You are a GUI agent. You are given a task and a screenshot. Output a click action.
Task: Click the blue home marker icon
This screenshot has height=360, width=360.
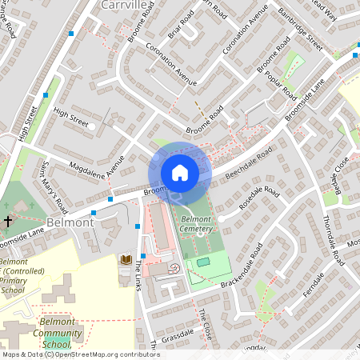(180, 172)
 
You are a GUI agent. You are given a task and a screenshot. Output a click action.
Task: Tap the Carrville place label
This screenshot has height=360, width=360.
(124, 5)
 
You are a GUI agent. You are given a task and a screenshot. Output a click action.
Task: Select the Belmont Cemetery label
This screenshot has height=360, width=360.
(196, 223)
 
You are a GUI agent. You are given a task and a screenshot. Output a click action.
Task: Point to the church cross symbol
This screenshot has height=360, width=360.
(9, 220)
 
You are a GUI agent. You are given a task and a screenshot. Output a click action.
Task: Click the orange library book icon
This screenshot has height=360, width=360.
(126, 260)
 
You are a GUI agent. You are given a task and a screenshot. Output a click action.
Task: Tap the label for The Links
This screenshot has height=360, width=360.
(138, 276)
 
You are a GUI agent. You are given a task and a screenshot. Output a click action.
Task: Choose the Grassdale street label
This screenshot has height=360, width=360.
(178, 333)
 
